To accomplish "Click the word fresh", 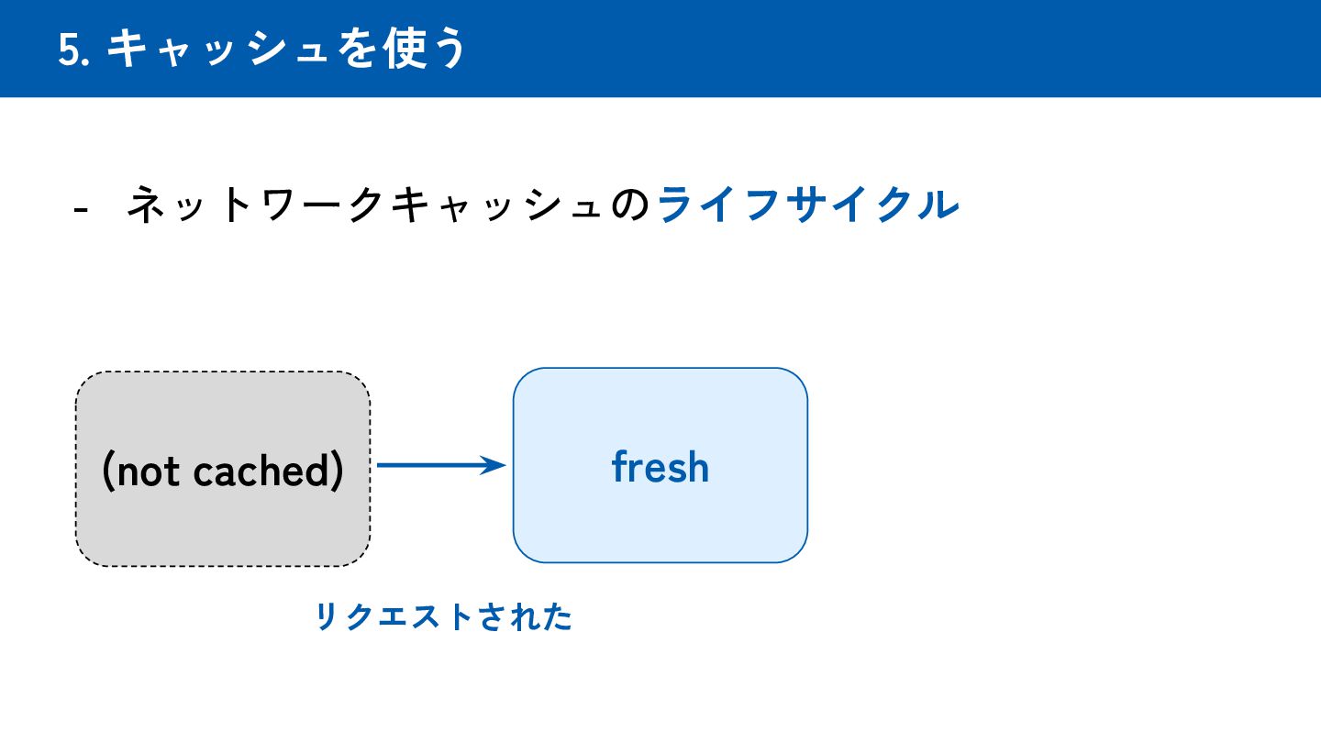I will coord(660,467).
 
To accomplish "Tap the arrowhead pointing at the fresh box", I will coord(496,466).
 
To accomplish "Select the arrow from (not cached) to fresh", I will coord(431,466).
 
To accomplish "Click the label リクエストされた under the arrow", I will coord(444,617).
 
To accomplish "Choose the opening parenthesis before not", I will coord(107,471).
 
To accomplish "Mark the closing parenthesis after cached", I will coord(337,471).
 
